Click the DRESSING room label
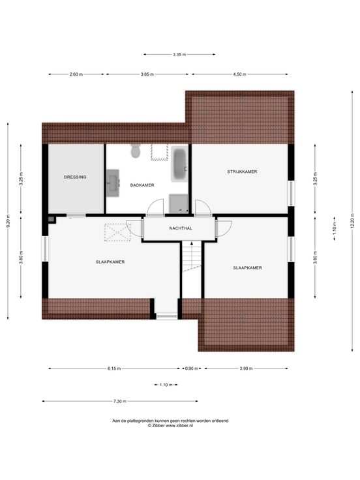point(75,177)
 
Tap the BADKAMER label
point(142,185)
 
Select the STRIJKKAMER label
point(242,172)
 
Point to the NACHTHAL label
point(181,228)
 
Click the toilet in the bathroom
point(135,151)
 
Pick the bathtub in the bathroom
point(180,164)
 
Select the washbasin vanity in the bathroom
point(112,183)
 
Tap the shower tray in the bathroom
point(179,203)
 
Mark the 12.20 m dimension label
point(352,221)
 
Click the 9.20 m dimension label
point(8,220)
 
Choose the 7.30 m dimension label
point(120,401)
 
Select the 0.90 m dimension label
point(192,368)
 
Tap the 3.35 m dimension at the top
point(179,55)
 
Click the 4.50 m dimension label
point(240,74)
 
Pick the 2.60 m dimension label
point(76,74)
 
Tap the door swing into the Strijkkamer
point(203,207)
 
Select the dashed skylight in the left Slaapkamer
point(117,232)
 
